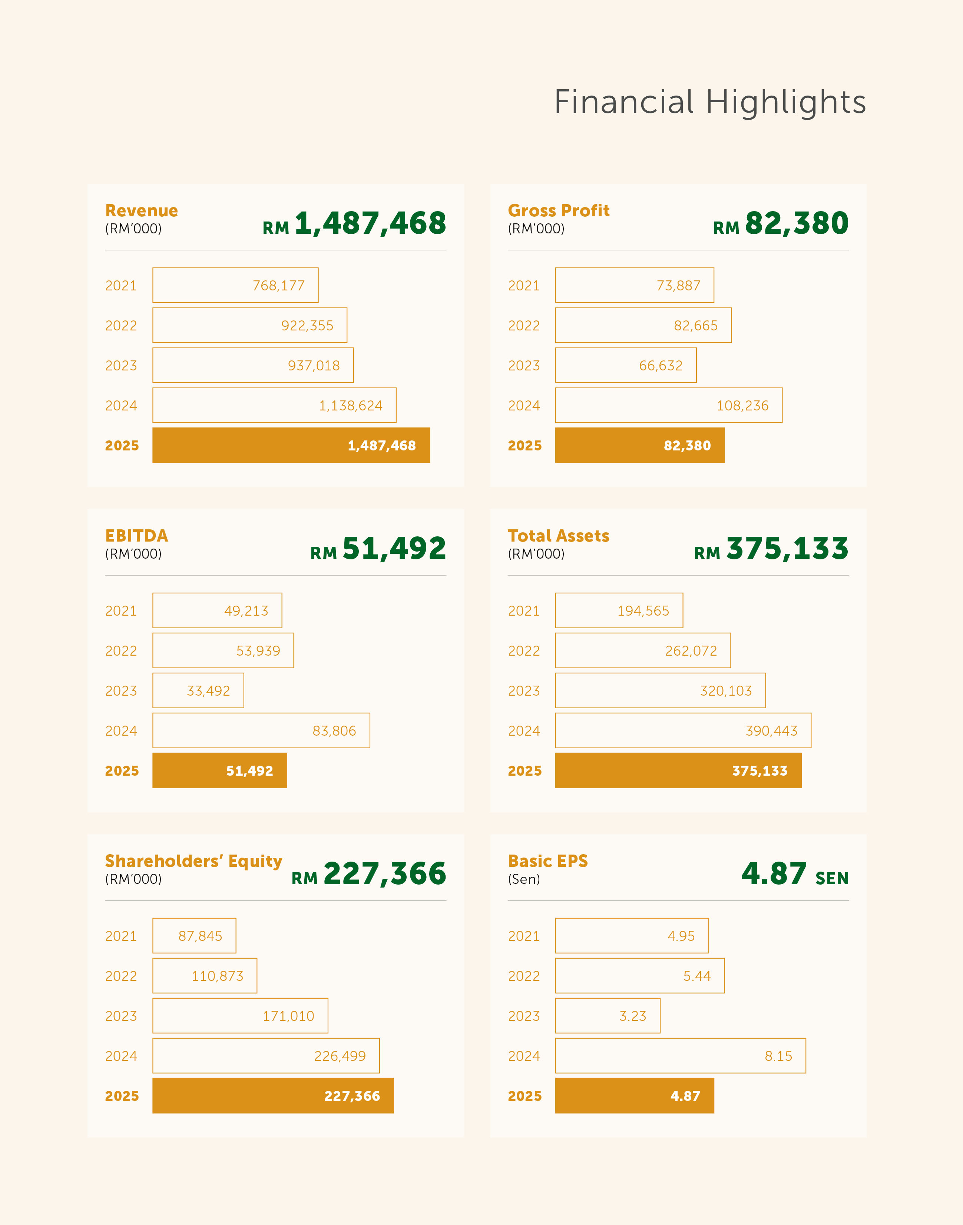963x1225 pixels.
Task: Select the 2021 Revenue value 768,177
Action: click(x=278, y=286)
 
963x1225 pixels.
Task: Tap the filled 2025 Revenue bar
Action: click(x=291, y=445)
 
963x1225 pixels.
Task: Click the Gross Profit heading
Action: click(x=558, y=211)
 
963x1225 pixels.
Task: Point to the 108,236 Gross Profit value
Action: click(x=742, y=406)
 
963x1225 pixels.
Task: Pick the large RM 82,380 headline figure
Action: click(x=781, y=223)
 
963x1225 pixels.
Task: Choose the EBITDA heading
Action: click(x=136, y=536)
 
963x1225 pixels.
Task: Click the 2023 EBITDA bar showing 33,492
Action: click(x=198, y=690)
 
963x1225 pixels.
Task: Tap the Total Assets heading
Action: click(x=558, y=536)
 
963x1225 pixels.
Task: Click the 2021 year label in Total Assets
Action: click(x=524, y=611)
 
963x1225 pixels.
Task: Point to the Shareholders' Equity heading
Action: click(x=193, y=861)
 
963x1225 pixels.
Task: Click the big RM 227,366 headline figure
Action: click(x=369, y=874)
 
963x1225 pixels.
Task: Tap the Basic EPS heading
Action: click(x=547, y=861)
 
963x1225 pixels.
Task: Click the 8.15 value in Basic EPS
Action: click(x=778, y=1056)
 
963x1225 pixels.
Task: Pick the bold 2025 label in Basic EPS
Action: click(x=524, y=1096)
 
